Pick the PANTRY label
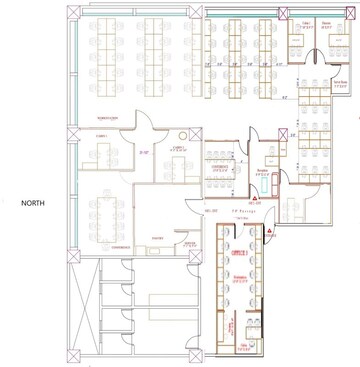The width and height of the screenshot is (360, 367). tap(156, 237)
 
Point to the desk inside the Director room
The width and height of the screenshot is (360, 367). tap(300, 40)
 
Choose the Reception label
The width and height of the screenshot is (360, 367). tap(262, 171)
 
